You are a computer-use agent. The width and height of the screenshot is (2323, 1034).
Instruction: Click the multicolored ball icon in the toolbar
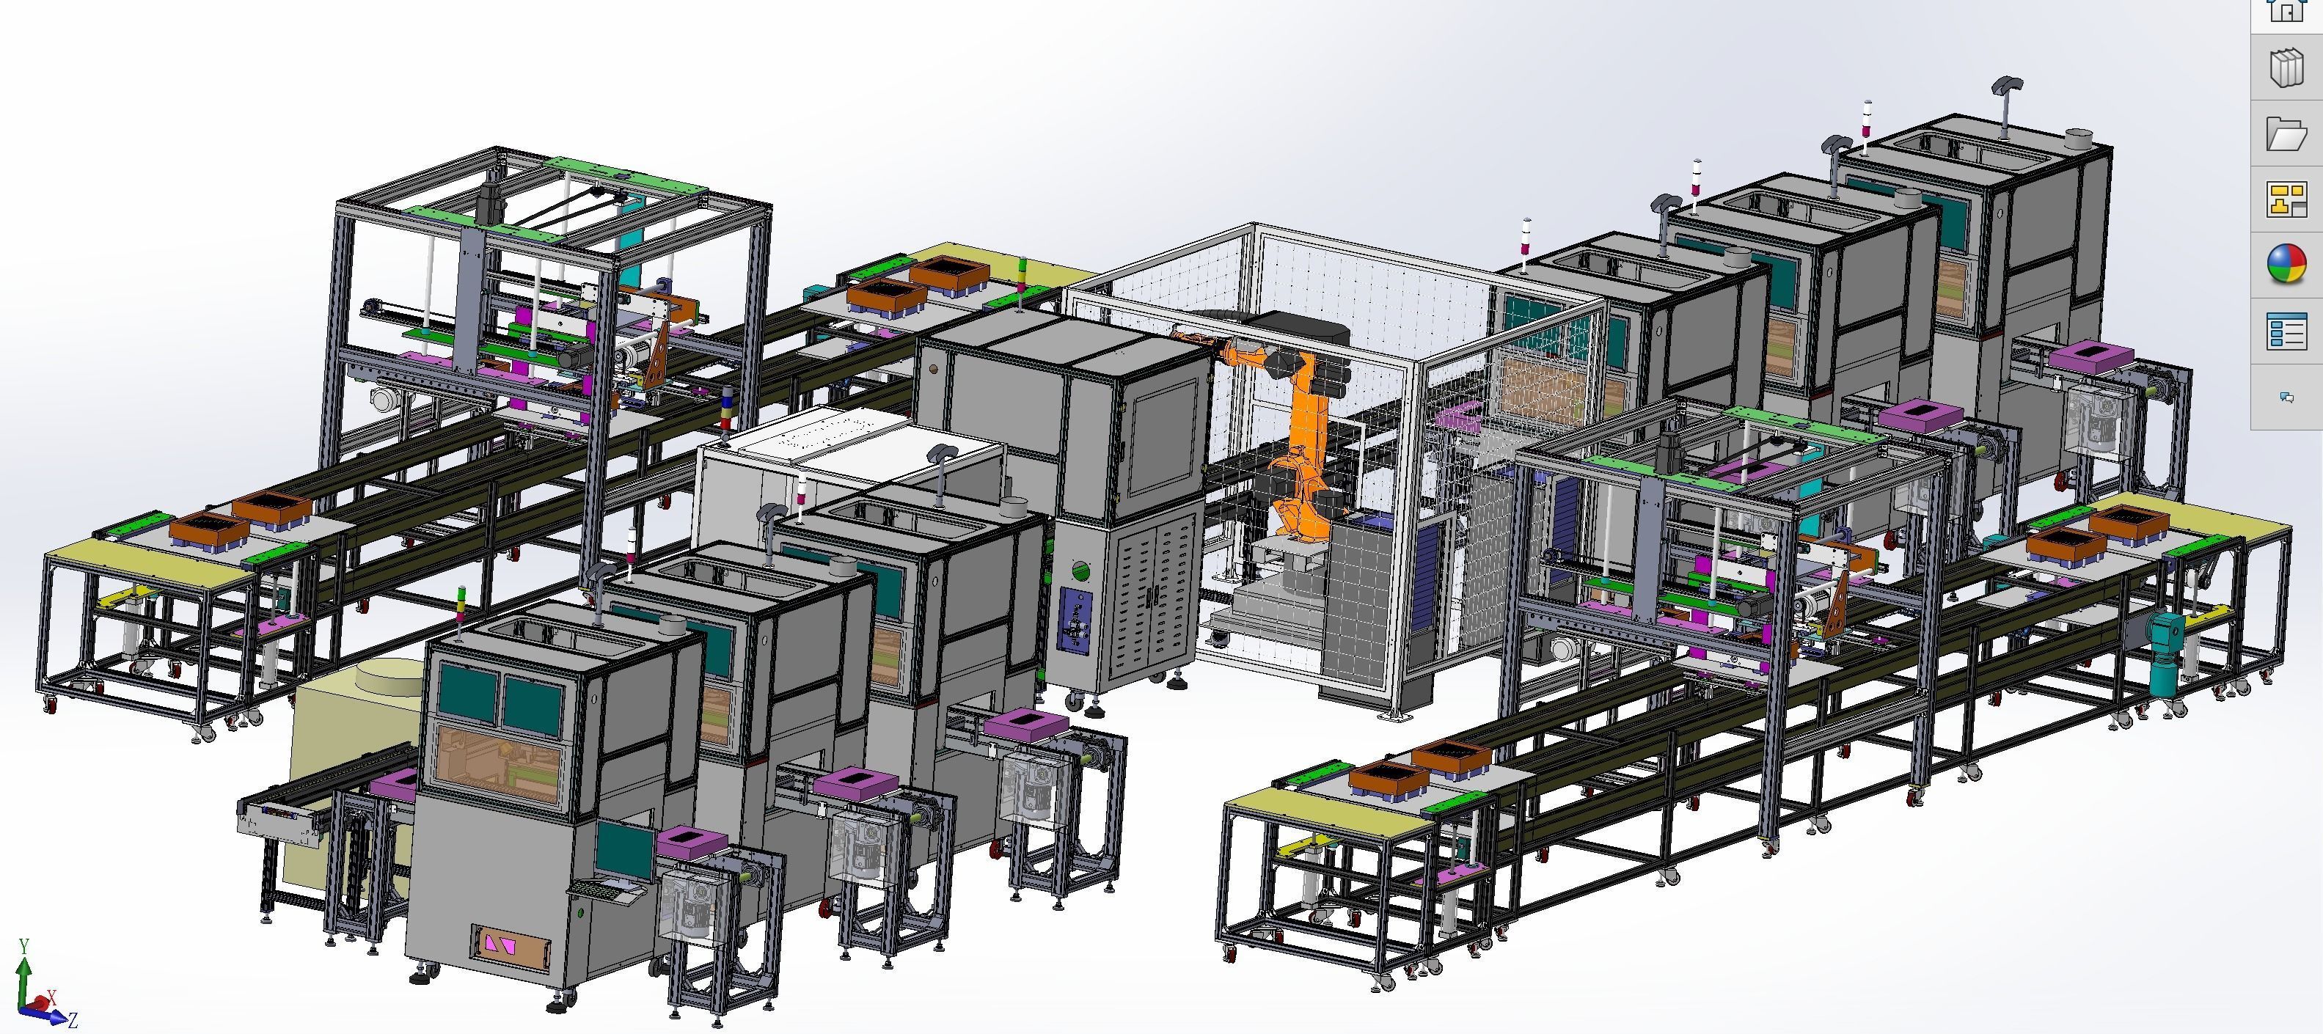2286,265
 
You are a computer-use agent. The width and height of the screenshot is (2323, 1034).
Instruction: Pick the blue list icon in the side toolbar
2286,331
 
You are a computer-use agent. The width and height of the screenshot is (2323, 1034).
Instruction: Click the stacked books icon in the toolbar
2286,68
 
